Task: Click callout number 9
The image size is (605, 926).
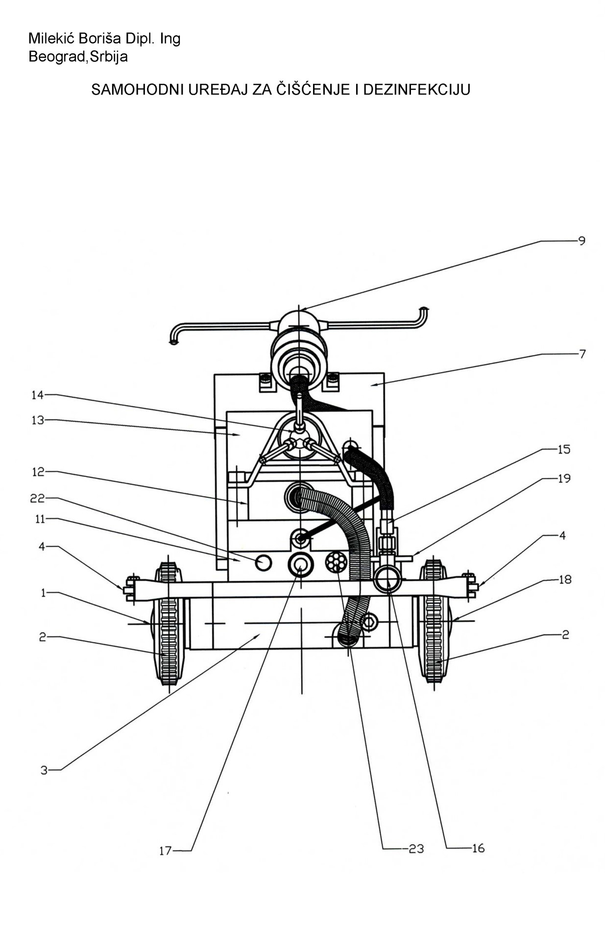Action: tap(581, 241)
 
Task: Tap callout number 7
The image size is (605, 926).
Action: tap(582, 354)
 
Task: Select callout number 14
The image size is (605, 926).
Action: tap(38, 395)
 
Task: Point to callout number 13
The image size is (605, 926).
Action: tap(38, 420)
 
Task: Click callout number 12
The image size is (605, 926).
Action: tap(38, 472)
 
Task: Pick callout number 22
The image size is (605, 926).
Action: tap(38, 498)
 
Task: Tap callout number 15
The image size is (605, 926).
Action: tap(564, 449)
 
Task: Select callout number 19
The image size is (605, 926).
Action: tap(564, 478)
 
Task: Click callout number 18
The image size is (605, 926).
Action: tap(565, 580)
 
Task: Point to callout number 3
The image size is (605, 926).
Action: tap(44, 771)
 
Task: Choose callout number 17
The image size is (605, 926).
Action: tap(165, 851)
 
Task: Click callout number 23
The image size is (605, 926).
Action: tap(416, 849)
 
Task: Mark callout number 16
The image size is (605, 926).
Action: tap(478, 849)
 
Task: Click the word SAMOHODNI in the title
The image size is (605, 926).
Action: tap(137, 90)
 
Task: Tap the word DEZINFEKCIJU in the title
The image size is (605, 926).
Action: tap(417, 90)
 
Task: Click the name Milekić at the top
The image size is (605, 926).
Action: tap(51, 38)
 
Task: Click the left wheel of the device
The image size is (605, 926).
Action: tap(169, 622)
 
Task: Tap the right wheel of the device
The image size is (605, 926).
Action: tap(435, 621)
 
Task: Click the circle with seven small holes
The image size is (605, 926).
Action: tap(337, 562)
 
